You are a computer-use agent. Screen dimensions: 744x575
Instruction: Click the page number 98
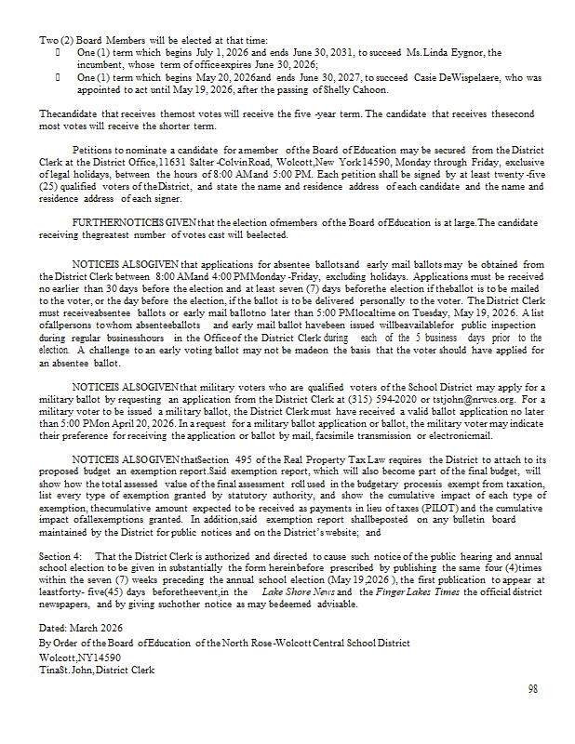533,689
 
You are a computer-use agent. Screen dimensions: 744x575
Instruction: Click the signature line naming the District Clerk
97,670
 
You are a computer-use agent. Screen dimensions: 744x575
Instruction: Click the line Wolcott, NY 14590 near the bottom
78,657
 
